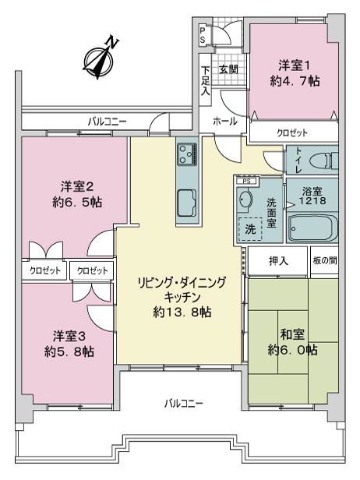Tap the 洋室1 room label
click(295, 65)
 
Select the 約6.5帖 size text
click(77, 203)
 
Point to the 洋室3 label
click(69, 337)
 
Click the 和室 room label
click(293, 334)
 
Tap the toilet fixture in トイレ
click(323, 161)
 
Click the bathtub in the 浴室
click(313, 228)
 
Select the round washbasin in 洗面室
click(245, 200)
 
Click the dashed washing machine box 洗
click(250, 228)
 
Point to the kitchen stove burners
click(187, 154)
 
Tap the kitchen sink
click(186, 203)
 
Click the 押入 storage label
click(279, 261)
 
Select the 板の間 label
click(325, 261)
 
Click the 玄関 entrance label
click(228, 69)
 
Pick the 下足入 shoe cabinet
click(206, 80)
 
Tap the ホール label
click(225, 122)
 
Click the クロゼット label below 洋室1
click(292, 132)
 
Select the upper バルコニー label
click(107, 122)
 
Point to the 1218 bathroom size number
click(312, 201)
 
